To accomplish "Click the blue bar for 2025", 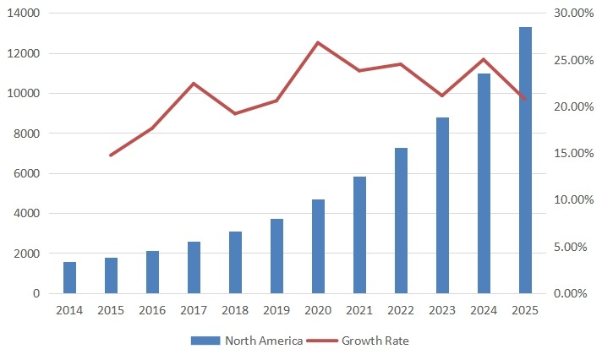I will [525, 161].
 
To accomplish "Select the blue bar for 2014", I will [69, 278].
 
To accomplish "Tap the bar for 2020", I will [318, 247].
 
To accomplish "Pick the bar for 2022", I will [401, 221].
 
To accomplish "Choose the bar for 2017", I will [194, 268].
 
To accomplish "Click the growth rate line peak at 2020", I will [318, 42].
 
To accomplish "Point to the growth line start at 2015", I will [111, 155].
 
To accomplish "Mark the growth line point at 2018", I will [235, 113].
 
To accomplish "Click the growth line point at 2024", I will [484, 59].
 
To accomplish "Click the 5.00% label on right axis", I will [571, 247].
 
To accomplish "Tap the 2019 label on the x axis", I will [276, 310].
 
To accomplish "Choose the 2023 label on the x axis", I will [442, 310].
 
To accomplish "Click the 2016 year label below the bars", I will [152, 310].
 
